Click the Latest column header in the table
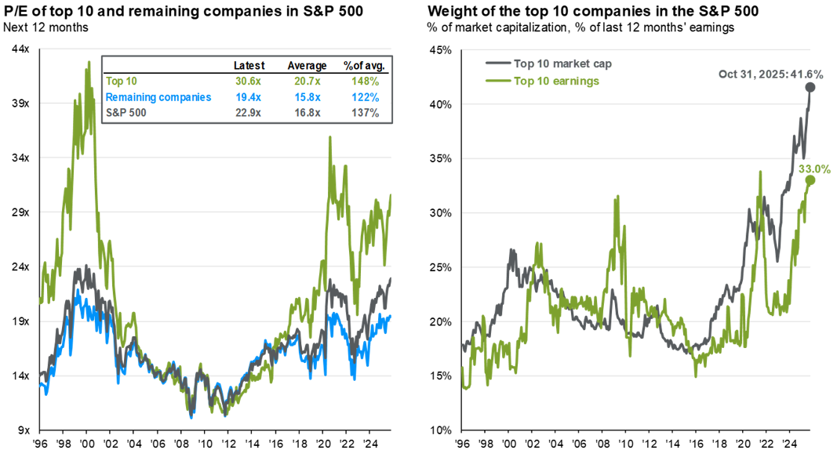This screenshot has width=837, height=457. [x=249, y=66]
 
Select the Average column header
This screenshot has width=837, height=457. [x=307, y=66]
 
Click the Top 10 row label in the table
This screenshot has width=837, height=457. [x=120, y=82]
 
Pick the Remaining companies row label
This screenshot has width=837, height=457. [x=158, y=97]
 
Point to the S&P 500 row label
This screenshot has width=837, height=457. [x=126, y=113]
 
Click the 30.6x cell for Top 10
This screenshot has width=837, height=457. [x=249, y=82]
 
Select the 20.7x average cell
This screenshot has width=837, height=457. [x=307, y=82]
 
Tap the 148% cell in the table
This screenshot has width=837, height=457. [x=365, y=82]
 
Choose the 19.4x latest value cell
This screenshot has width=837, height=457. [x=249, y=97]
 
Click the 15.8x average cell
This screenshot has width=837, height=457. [x=307, y=97]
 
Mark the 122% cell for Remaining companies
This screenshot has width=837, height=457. [x=365, y=97]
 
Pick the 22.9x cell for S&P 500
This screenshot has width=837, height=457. [x=249, y=113]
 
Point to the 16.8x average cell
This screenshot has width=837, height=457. [x=307, y=113]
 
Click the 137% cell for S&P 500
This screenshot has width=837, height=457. [x=365, y=113]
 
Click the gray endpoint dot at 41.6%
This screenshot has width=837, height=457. [x=810, y=88]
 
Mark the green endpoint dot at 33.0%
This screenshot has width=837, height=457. [x=809, y=180]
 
